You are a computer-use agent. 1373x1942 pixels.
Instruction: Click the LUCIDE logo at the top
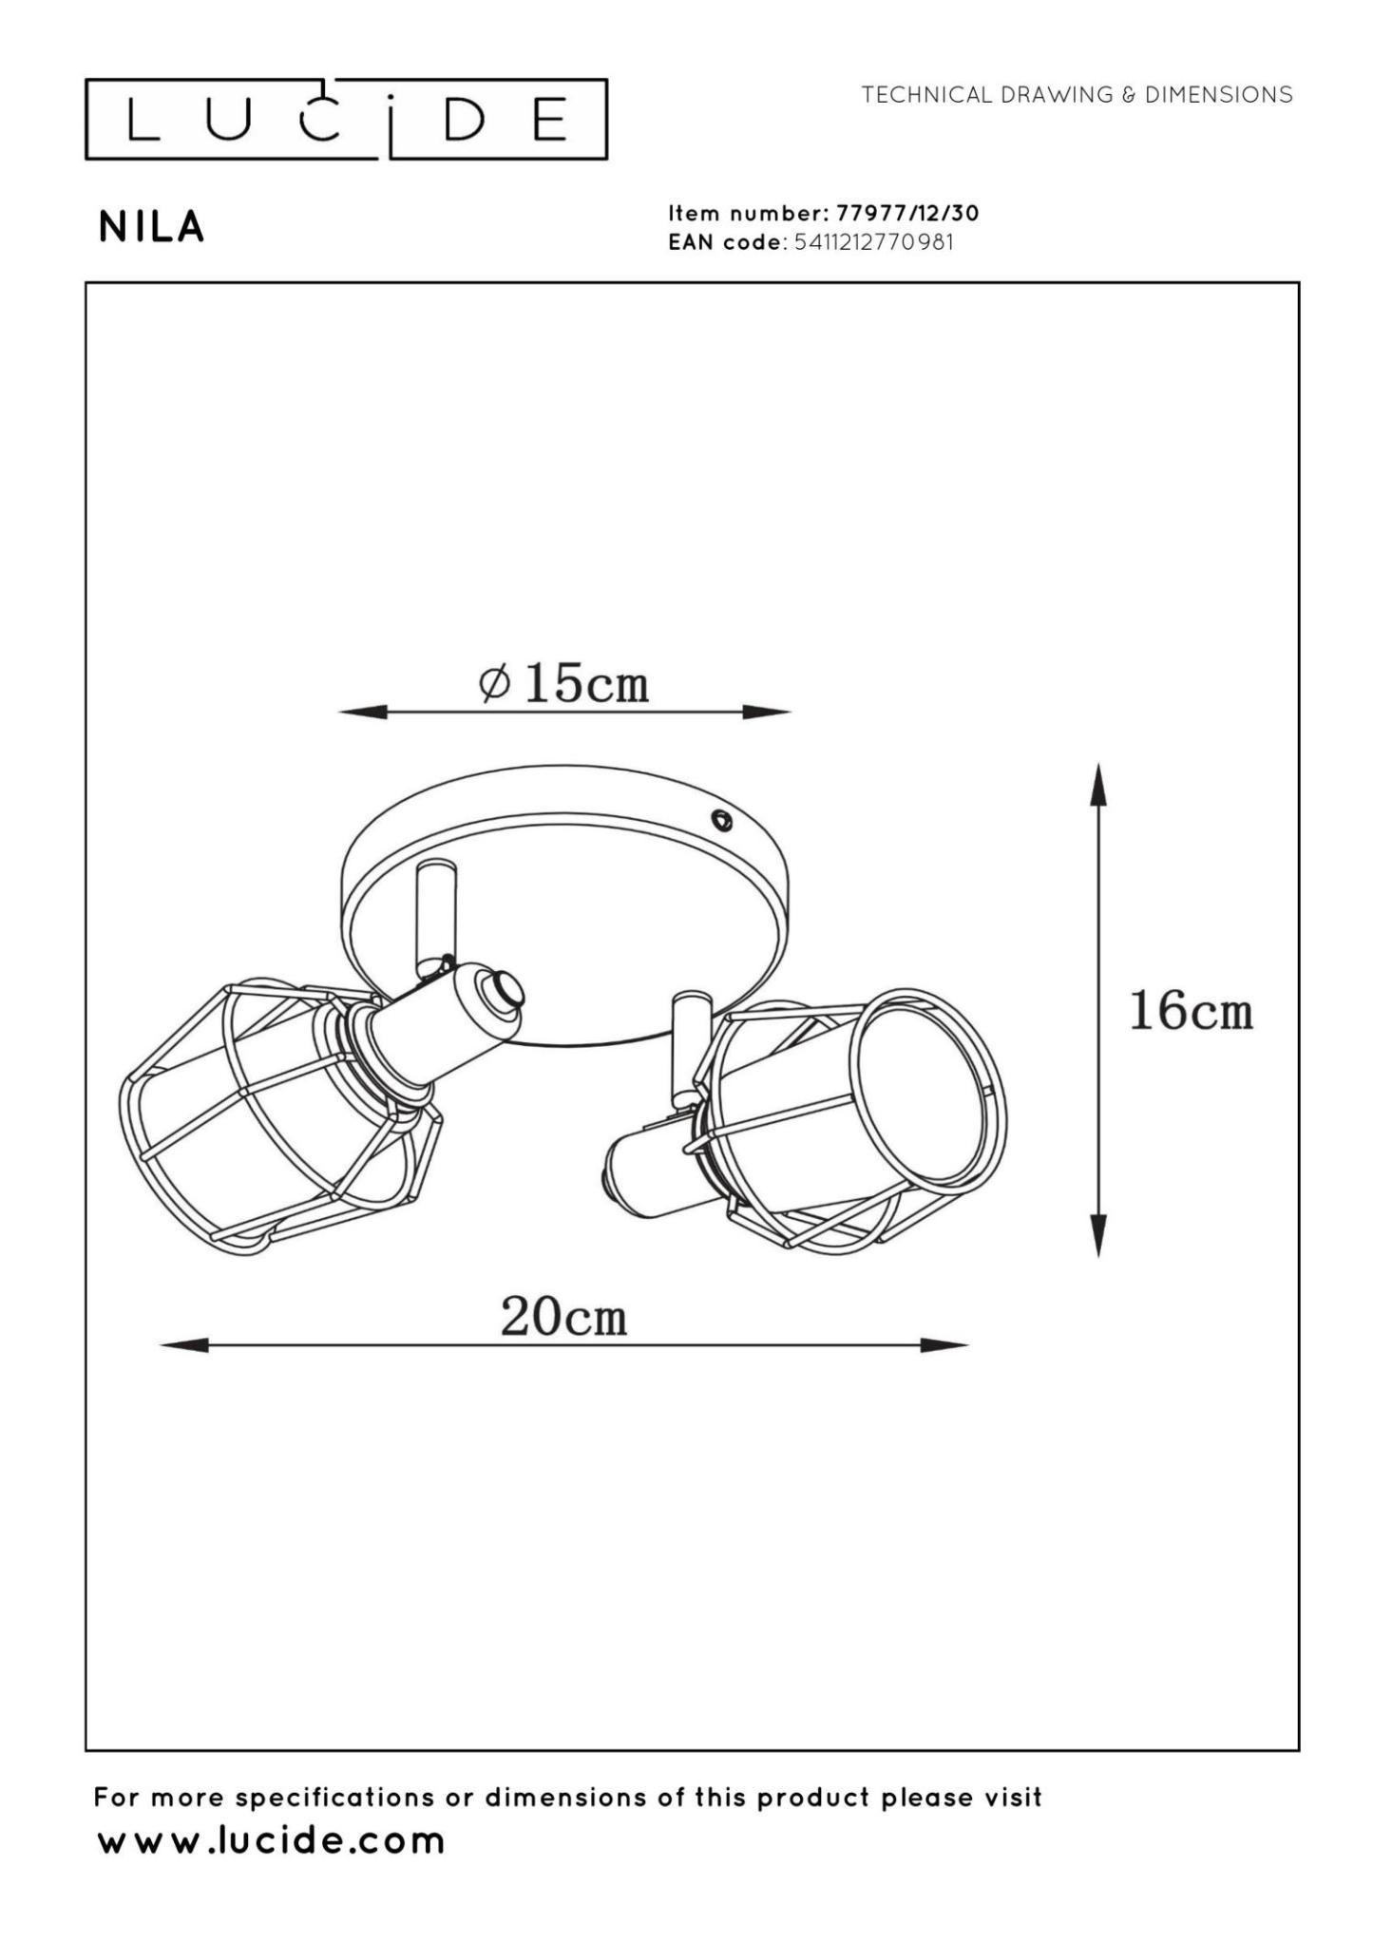pyautogui.click(x=346, y=120)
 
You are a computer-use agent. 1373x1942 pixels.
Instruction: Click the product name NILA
pyautogui.click(x=151, y=227)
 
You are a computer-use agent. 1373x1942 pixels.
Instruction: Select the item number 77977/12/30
pyautogui.click(x=907, y=213)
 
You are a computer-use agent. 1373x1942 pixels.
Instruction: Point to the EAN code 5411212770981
pyautogui.click(x=873, y=242)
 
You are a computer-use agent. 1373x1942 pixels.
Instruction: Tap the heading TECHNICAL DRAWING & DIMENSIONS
pyautogui.click(x=1077, y=95)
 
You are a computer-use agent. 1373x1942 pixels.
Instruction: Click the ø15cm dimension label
pyautogui.click(x=564, y=682)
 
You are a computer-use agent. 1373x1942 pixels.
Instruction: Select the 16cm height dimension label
pyautogui.click(x=1191, y=1011)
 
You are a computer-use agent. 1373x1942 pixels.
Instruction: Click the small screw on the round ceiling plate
pyautogui.click(x=721, y=820)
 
